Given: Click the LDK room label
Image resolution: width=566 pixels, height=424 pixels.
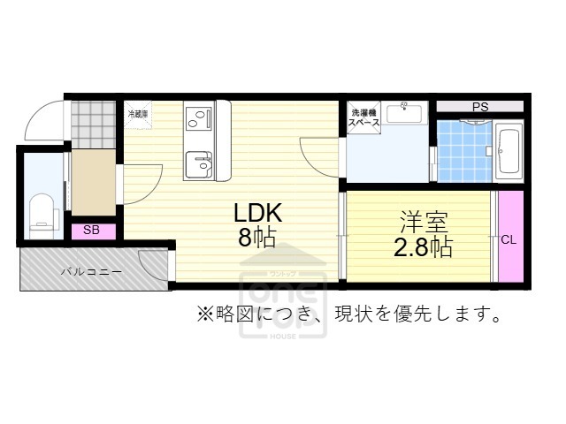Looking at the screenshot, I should (x=257, y=213).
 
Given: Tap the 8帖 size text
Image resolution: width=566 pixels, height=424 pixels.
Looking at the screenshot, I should (x=257, y=238).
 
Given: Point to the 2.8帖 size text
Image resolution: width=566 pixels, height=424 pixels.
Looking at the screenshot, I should (x=422, y=246).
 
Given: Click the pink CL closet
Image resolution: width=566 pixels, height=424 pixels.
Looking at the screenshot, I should (x=509, y=238).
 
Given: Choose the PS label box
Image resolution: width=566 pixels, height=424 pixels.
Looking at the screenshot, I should (x=479, y=108).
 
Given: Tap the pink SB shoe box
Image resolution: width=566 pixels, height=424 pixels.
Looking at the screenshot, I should (x=90, y=230).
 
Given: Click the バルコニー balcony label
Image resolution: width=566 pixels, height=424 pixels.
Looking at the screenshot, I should (x=91, y=271).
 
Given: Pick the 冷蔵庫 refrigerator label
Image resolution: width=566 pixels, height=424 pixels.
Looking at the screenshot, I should (x=137, y=114).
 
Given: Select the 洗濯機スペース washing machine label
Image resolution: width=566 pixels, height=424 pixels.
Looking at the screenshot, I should (x=363, y=118).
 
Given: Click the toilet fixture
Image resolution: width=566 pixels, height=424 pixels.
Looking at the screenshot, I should (x=41, y=212).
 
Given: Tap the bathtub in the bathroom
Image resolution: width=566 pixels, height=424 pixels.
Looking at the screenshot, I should (x=509, y=152).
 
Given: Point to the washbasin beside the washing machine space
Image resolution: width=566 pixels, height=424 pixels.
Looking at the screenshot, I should (x=409, y=112).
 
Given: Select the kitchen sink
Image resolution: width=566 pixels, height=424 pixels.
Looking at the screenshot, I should (x=198, y=164).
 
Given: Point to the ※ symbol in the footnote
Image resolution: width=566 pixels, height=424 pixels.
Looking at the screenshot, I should (x=204, y=313).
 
